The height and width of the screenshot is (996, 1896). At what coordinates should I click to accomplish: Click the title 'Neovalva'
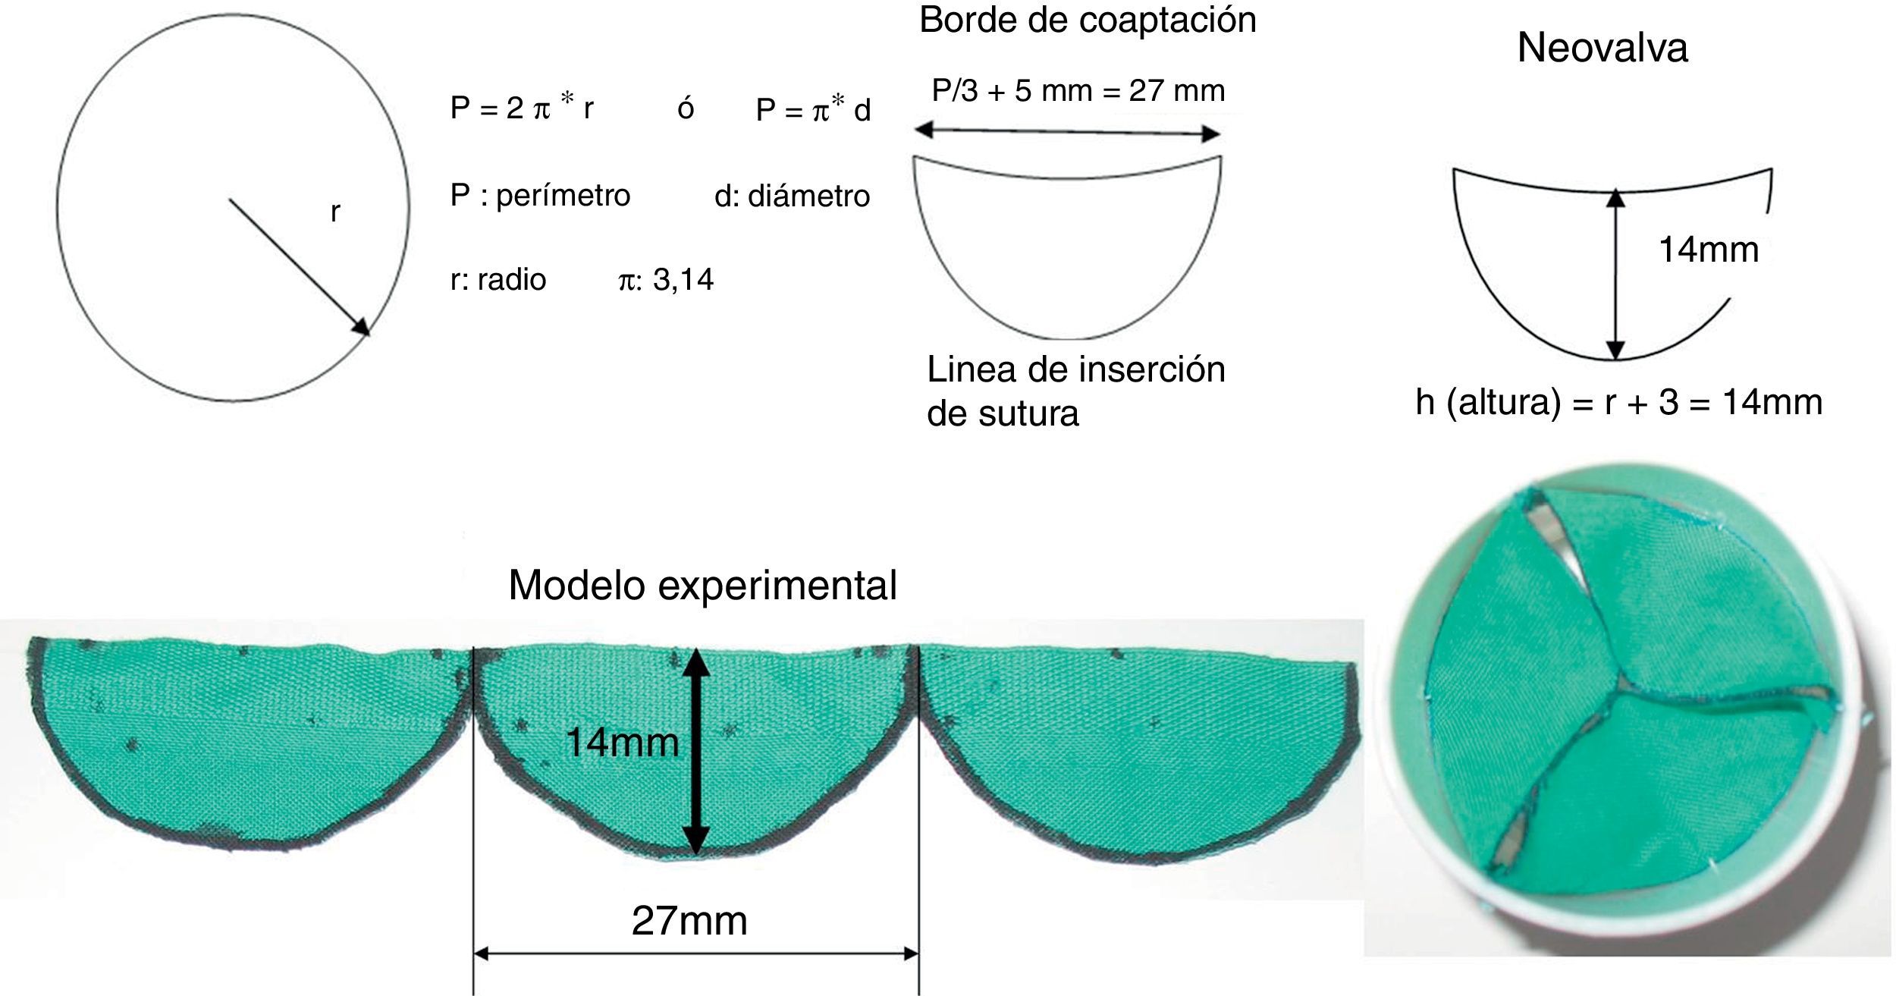pyautogui.click(x=1602, y=49)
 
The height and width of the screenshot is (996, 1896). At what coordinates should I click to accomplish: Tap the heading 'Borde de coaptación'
pyautogui.click(x=1088, y=20)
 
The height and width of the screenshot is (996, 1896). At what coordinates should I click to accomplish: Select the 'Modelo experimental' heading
pyautogui.click(x=702, y=585)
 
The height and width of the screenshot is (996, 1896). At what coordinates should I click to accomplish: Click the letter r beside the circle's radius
pyautogui.click(x=335, y=212)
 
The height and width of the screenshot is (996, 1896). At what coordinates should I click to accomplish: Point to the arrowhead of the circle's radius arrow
pyautogui.click(x=363, y=329)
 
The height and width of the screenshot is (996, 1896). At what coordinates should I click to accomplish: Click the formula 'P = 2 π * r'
pyautogui.click(x=522, y=108)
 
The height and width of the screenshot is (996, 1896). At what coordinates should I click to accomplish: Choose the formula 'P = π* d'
pyautogui.click(x=813, y=111)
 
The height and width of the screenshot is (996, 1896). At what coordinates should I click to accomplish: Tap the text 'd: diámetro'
pyautogui.click(x=792, y=196)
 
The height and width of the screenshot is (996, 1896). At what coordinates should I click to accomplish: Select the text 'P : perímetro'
pyautogui.click(x=540, y=196)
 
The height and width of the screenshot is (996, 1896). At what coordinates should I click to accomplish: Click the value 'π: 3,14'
pyautogui.click(x=666, y=280)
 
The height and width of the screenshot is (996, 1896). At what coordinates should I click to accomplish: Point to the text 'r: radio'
pyautogui.click(x=498, y=280)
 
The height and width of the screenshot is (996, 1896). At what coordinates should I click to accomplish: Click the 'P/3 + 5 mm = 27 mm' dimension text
pyautogui.click(x=1078, y=91)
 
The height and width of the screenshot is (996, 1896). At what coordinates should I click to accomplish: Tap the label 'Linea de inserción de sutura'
pyautogui.click(x=1075, y=391)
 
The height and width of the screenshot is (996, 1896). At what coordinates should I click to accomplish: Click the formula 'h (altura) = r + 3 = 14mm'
pyautogui.click(x=1618, y=402)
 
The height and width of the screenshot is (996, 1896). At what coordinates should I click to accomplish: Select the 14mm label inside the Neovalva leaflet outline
pyautogui.click(x=1708, y=250)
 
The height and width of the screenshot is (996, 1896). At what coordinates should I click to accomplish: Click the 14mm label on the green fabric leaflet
pyautogui.click(x=622, y=743)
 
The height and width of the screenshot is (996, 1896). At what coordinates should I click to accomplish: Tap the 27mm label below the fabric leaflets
pyautogui.click(x=689, y=921)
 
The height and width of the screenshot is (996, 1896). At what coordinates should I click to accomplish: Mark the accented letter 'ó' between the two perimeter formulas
pyautogui.click(x=686, y=108)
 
